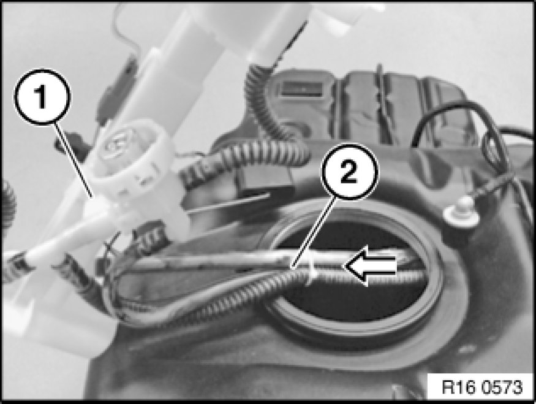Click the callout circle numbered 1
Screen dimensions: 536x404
click(42, 97)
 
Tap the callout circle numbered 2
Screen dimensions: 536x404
click(350, 172)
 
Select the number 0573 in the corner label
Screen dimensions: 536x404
click(502, 387)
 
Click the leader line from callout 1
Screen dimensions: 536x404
click(74, 161)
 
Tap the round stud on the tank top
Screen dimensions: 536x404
click(461, 212)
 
